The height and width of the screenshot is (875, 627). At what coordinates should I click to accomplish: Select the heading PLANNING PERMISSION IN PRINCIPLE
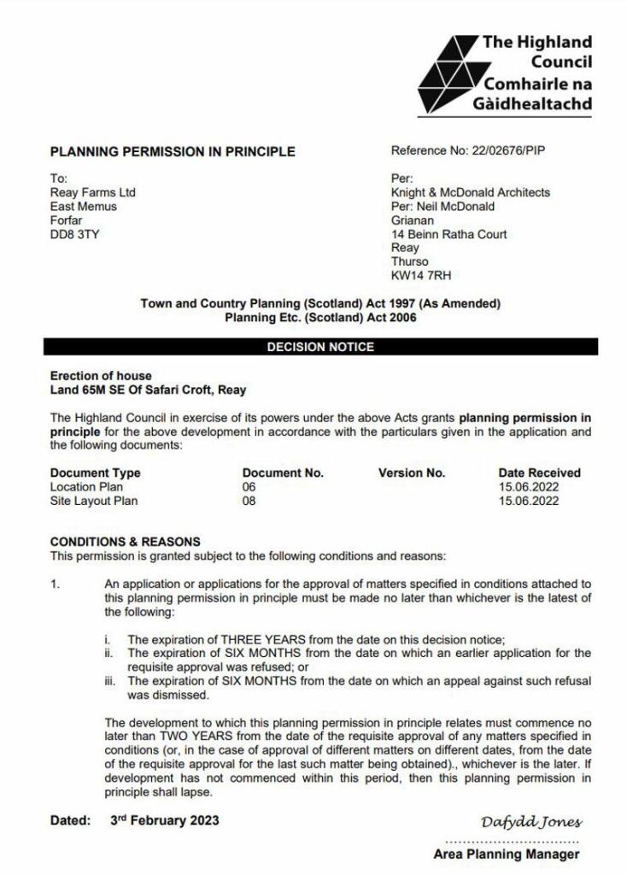[x=173, y=152]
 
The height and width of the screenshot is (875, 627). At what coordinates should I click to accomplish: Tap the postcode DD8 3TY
[x=74, y=233]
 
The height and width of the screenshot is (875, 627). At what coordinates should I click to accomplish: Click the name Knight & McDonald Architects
[x=470, y=192]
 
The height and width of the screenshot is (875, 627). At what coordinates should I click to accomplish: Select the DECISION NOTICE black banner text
[x=320, y=347]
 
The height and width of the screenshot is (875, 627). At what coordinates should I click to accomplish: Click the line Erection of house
[x=101, y=376]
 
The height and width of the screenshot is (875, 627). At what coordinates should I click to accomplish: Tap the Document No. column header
[x=283, y=473]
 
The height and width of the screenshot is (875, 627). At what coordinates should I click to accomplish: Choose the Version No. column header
[x=411, y=473]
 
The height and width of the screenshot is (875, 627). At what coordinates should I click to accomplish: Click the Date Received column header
[x=539, y=473]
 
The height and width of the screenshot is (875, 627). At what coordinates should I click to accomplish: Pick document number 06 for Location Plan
[x=249, y=487]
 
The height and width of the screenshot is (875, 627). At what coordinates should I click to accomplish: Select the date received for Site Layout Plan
[x=528, y=501]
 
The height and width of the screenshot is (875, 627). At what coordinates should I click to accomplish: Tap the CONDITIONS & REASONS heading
[x=126, y=542]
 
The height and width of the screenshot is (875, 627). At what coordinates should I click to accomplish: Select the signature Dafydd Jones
[x=531, y=822]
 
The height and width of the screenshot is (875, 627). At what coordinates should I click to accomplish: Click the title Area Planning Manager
[x=507, y=854]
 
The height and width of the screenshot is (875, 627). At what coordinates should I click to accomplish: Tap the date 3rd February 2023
[x=164, y=820]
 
